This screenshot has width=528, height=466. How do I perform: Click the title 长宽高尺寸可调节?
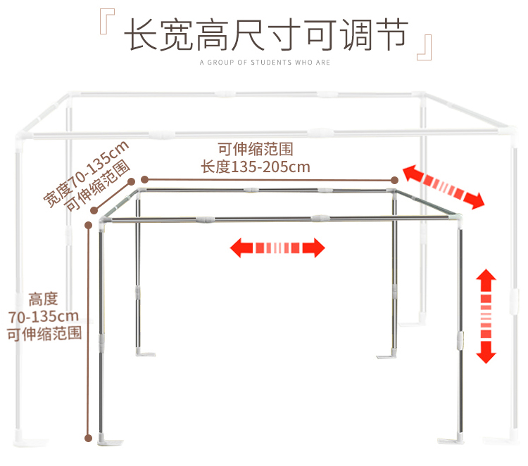click(x=265, y=34)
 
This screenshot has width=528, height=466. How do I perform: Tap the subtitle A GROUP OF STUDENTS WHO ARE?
click(x=265, y=63)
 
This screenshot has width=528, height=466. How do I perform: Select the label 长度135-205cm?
click(x=255, y=167)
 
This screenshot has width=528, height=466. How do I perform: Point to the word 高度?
click(x=44, y=299)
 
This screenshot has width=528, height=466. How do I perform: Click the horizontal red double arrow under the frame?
click(x=278, y=247)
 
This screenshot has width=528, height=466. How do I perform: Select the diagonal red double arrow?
click(x=444, y=186)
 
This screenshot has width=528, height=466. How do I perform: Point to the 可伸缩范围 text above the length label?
click(x=255, y=150)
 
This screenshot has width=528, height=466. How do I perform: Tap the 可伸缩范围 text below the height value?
click(x=44, y=333)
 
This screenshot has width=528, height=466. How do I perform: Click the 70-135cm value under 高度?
click(x=44, y=316)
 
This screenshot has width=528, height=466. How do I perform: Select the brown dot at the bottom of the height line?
click(x=89, y=437)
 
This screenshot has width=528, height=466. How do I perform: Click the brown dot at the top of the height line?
click(x=89, y=225)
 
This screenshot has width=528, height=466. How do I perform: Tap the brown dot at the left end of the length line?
click(x=146, y=179)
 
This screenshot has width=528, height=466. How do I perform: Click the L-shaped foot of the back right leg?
click(x=388, y=355)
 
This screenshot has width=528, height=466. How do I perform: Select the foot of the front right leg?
click(x=451, y=438)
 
